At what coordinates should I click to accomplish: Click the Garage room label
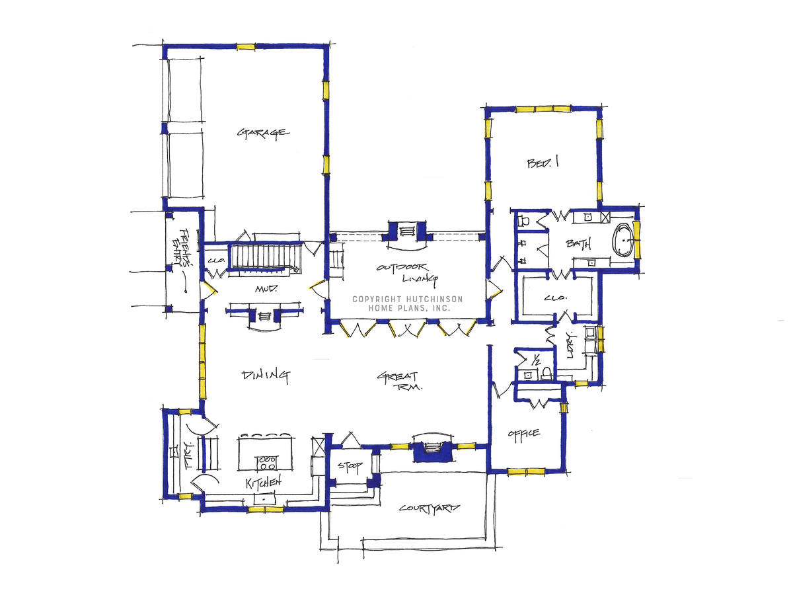tap(262, 132)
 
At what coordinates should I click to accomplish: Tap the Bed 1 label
tap(543, 163)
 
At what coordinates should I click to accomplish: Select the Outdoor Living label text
tap(407, 274)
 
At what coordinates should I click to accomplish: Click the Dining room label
tap(266, 376)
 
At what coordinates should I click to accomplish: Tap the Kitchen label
tap(264, 483)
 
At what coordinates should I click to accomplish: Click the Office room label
tap(523, 433)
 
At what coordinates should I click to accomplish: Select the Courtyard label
tap(429, 508)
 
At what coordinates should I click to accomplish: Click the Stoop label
tap(350, 467)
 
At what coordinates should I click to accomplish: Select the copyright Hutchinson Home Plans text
tap(407, 303)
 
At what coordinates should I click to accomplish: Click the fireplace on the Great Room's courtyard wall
tap(432, 449)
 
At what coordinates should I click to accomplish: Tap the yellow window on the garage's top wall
tap(246, 47)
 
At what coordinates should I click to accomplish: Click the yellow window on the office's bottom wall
tap(525, 471)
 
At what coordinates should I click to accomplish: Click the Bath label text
tap(578, 244)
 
